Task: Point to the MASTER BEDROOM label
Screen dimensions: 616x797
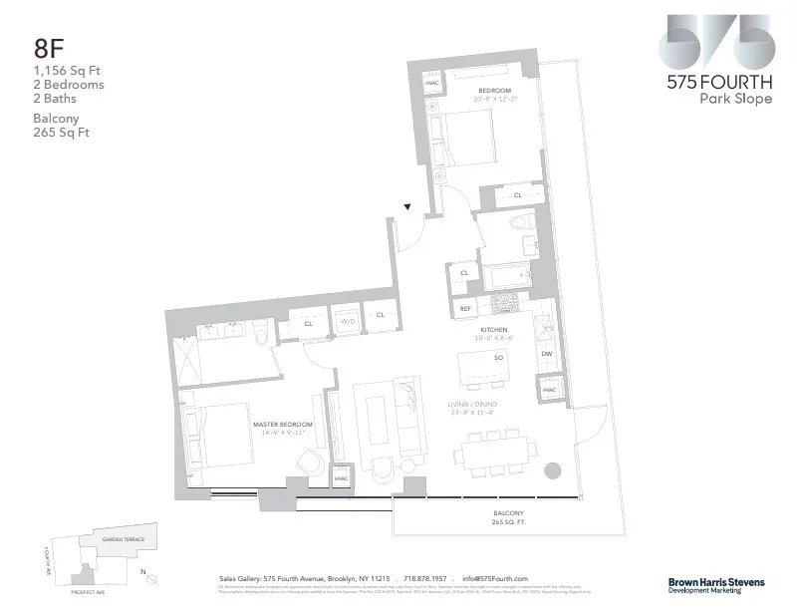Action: pos(283,425)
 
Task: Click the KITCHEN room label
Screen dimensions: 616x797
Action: pos(493,330)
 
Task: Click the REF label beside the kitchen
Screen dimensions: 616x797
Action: pos(464,310)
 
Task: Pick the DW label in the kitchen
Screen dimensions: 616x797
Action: pos(546,353)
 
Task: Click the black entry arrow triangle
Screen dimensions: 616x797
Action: pos(406,207)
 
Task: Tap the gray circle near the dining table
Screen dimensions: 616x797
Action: pos(554,470)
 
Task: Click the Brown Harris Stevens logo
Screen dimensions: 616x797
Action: pos(715,584)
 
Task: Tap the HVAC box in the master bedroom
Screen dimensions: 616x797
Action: pos(341,479)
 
